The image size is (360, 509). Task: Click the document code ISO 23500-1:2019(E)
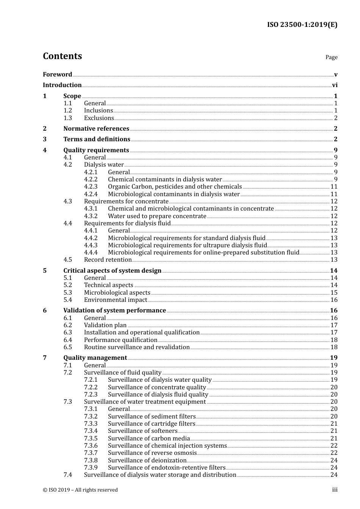[x=302, y=25]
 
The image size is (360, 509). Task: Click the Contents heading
[x=62, y=56]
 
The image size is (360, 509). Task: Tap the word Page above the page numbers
[x=331, y=57]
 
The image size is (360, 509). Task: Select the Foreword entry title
[x=57, y=75]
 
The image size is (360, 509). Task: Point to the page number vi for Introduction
[x=335, y=85]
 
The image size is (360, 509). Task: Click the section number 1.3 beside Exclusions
[x=67, y=118]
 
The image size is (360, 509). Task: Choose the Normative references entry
[x=96, y=129]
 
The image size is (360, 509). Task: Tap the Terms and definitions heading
[x=97, y=139]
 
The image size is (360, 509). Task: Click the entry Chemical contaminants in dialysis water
[x=165, y=180]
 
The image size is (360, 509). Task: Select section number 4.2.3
[x=91, y=187]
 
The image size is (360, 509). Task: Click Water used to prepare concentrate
[x=157, y=216]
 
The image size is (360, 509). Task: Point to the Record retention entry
[x=108, y=260]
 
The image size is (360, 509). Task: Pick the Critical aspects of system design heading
[x=112, y=271]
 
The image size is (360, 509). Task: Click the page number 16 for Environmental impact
[x=334, y=300]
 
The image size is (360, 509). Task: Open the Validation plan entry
[x=105, y=325]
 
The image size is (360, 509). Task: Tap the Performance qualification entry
[x=121, y=340]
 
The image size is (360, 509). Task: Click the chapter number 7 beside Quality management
[x=45, y=358]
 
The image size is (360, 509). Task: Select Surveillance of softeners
[x=142, y=431]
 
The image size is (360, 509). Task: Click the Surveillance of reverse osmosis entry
[x=152, y=453]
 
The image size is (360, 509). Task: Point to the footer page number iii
[x=335, y=490]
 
